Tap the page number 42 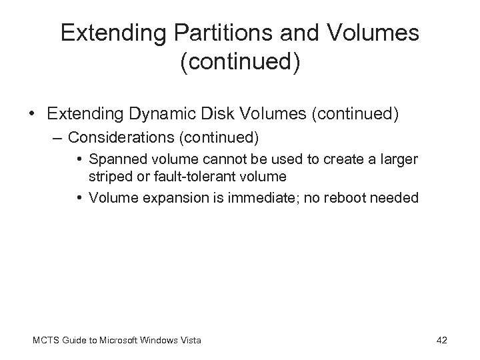(x=441, y=341)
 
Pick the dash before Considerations (x=59, y=137)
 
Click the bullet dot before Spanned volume (x=79, y=160)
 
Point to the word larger (x=398, y=159)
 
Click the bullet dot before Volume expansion (x=79, y=197)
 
